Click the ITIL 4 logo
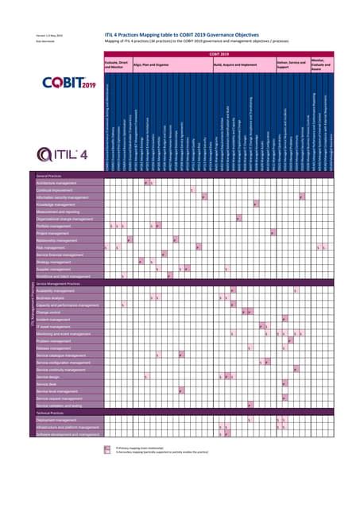tap(71, 151)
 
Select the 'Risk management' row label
tap(52, 247)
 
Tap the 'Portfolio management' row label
tap(54, 226)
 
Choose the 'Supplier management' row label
tap(54, 269)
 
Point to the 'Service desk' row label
tap(47, 383)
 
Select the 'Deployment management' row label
tap(57, 420)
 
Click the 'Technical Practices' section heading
tap(51, 413)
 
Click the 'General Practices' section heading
tap(50, 176)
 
